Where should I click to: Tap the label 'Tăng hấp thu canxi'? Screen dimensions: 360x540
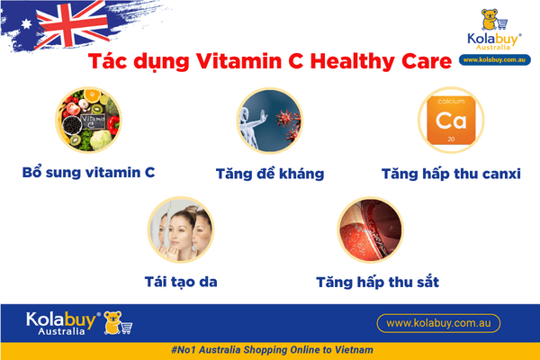pos(451,173)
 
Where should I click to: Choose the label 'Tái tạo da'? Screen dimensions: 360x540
pos(180,282)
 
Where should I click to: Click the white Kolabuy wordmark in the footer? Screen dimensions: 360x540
pos(54,319)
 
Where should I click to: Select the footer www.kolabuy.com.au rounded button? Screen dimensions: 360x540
pos(437,322)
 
